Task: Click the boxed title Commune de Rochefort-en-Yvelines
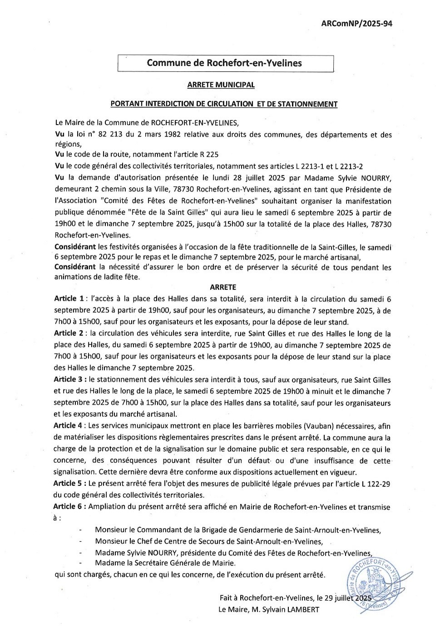224,63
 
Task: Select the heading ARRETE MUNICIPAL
221,85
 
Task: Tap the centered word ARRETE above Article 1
223,287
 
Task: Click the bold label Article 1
69,299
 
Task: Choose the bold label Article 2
69,334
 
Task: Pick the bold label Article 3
69,380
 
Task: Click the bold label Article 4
69,426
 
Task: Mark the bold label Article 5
69,484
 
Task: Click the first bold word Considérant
75,247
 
